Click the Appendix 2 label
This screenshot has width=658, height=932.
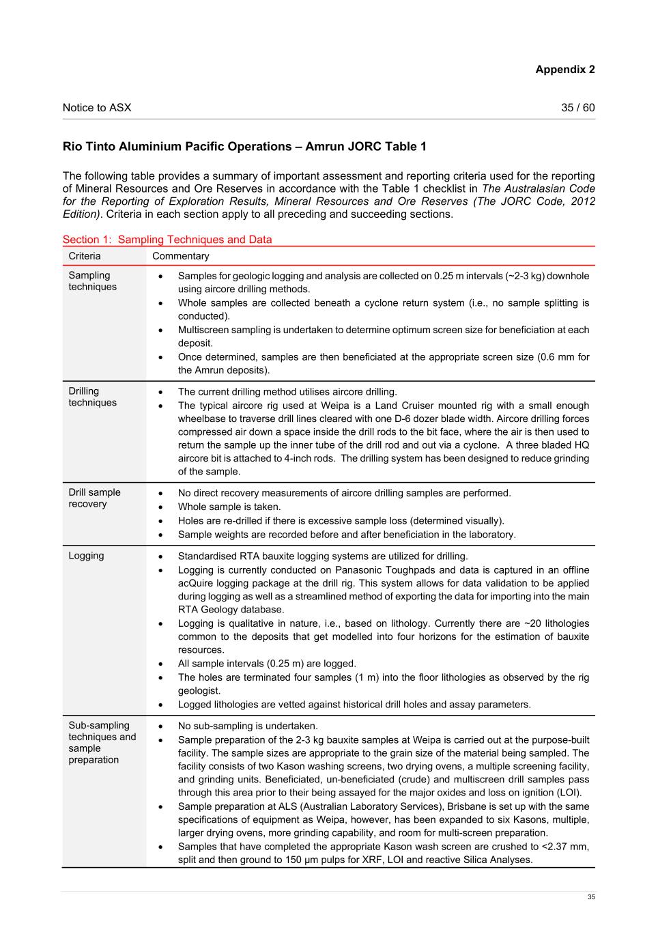point(564,70)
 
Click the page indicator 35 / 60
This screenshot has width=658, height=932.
point(577,108)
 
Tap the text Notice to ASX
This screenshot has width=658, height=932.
point(97,108)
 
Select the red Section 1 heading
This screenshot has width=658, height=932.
point(167,240)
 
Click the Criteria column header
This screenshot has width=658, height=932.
point(85,256)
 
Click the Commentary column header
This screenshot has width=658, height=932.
point(181,256)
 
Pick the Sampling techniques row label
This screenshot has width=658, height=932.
point(92,281)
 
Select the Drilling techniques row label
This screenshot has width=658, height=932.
point(92,397)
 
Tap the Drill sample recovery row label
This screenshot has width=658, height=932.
point(94,498)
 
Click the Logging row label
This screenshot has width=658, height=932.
point(86,556)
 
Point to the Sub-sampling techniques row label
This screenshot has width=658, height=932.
point(102,742)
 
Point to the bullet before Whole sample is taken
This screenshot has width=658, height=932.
point(160,507)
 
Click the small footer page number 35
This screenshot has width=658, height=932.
point(591,897)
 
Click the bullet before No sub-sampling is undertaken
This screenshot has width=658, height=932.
point(160,726)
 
